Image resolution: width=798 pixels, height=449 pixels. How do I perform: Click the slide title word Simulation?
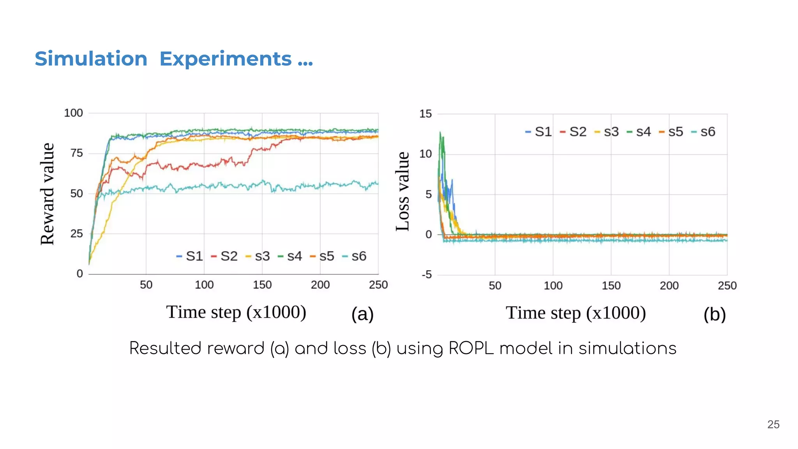[x=91, y=59]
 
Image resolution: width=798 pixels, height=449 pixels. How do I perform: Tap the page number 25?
[x=773, y=424]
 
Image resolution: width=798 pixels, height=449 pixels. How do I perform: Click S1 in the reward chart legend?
[x=194, y=256]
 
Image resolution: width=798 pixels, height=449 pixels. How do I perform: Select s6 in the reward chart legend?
[x=358, y=256]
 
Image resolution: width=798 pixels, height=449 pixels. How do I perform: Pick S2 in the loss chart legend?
[x=577, y=132]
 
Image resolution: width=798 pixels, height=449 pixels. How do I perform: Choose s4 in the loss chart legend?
[x=643, y=132]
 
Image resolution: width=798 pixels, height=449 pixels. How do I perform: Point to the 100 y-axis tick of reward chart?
[x=73, y=113]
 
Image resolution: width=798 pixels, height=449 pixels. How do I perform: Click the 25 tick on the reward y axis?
[x=76, y=233]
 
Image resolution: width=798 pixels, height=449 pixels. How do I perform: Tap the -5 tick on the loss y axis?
[x=427, y=274]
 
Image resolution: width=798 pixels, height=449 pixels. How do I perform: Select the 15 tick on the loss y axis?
[x=425, y=114]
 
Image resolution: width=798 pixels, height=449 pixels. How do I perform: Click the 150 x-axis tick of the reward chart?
[x=262, y=285]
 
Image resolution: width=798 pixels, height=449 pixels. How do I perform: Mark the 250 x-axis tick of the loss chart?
[x=727, y=286]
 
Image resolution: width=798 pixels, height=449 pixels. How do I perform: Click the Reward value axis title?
[x=47, y=194]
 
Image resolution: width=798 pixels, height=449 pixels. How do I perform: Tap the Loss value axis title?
[x=403, y=191]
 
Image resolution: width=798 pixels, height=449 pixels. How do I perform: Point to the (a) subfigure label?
[x=362, y=314]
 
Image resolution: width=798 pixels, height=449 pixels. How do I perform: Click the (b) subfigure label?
[x=714, y=315]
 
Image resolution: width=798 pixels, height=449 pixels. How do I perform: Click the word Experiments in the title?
[x=226, y=59]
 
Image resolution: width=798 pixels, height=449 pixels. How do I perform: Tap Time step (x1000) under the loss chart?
[x=576, y=313]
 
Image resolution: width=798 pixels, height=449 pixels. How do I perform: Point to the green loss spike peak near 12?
[x=440, y=133]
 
